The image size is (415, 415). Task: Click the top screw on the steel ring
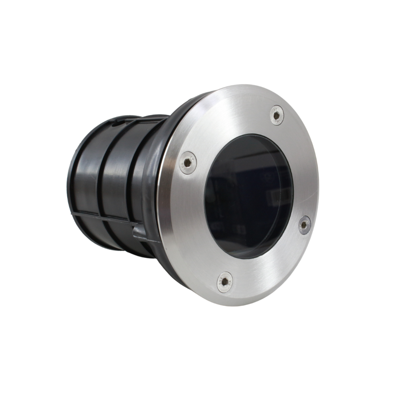[x=277, y=115]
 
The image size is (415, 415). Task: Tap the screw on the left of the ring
[x=188, y=163]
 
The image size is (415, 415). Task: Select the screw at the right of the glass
[x=305, y=224]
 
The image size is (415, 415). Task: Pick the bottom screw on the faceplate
[x=224, y=282]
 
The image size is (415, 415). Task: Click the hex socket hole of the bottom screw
[x=224, y=282]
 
